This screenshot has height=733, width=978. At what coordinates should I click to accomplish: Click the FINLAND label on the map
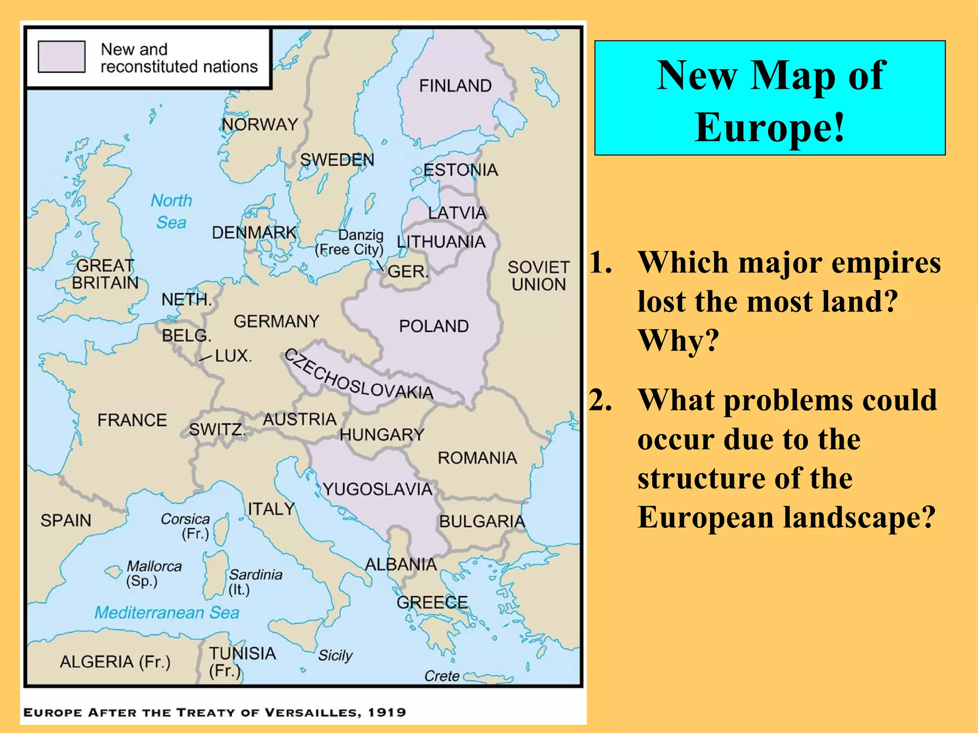coord(455,86)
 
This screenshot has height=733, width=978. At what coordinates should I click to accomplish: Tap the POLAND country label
coord(434,326)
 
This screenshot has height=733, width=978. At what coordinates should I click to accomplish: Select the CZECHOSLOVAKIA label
coord(358,375)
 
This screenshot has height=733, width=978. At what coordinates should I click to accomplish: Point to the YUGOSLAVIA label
coord(377,489)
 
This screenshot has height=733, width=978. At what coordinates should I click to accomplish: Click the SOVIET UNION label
coord(539,276)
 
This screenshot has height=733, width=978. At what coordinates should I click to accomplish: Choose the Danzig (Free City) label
coord(350,242)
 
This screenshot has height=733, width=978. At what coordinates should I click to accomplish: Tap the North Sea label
coord(171,211)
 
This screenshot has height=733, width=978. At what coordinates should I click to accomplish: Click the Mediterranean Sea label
coord(167,612)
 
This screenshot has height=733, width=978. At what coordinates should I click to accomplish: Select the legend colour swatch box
coord(62,57)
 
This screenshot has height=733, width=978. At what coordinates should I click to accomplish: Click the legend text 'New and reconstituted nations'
coord(179,58)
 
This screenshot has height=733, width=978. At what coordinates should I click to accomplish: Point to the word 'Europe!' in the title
coord(770,127)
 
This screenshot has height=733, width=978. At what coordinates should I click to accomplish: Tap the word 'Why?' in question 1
coord(678,341)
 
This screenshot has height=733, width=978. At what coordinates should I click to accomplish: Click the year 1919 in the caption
coord(387,712)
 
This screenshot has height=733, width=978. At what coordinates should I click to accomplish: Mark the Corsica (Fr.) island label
coord(186,526)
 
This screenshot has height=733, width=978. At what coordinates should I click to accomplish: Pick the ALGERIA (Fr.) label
coord(115,662)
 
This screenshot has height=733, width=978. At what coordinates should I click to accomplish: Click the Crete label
coord(442,676)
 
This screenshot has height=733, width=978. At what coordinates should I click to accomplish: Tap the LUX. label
coord(233,356)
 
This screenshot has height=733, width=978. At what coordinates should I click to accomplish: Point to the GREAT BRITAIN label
coord(105,274)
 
